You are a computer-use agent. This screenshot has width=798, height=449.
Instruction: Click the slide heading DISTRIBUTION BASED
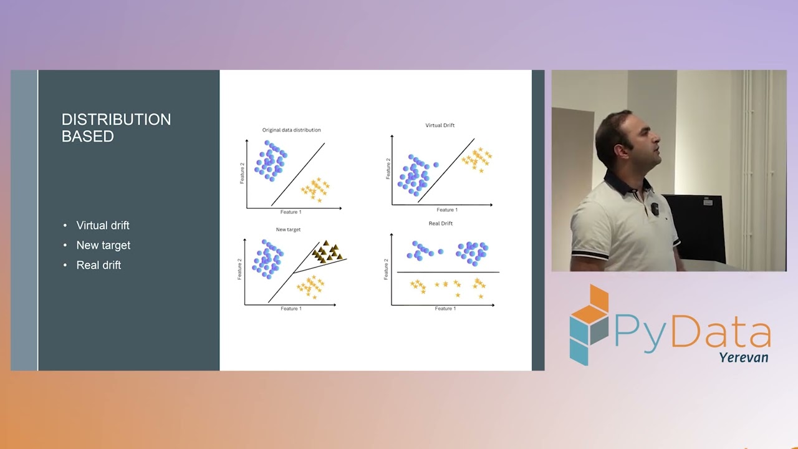pyautogui.click(x=116, y=128)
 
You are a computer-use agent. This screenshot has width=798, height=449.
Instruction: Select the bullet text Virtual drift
pyautogui.click(x=103, y=225)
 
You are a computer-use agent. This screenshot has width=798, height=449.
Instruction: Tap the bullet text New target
pyautogui.click(x=103, y=245)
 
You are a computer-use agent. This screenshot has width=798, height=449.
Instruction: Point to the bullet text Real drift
pyautogui.click(x=99, y=265)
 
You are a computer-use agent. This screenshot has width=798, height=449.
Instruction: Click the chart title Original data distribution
pyautogui.click(x=291, y=130)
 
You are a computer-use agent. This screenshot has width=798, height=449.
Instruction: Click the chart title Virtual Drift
pyautogui.click(x=440, y=125)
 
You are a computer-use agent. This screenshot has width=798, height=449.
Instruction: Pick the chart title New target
pyautogui.click(x=288, y=229)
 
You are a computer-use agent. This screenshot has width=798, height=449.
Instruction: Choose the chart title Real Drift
pyautogui.click(x=440, y=223)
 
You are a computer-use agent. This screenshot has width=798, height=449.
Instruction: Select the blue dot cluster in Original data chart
pyautogui.click(x=270, y=160)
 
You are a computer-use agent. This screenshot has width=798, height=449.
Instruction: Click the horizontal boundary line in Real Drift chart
pyautogui.click(x=448, y=273)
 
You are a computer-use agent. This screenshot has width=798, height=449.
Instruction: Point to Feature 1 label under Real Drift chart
pyautogui.click(x=445, y=309)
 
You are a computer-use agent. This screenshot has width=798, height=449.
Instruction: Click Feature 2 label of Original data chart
pyautogui.click(x=242, y=173)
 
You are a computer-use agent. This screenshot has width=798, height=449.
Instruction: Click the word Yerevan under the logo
pyautogui.click(x=744, y=357)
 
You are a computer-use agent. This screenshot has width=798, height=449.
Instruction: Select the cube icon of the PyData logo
pyautogui.click(x=589, y=324)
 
